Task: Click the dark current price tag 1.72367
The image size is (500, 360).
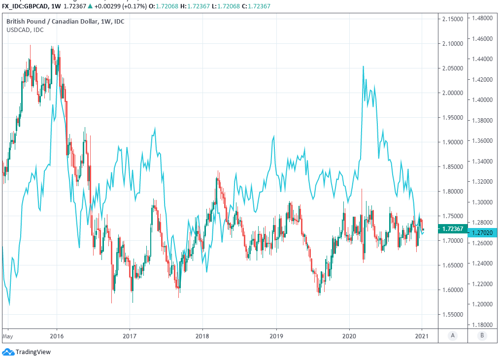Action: pyautogui.click(x=452, y=229)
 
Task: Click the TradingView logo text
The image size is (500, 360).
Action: pyautogui.click(x=33, y=352)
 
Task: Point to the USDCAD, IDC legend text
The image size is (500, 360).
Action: pyautogui.click(x=25, y=30)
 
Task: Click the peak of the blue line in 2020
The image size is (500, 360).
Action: pyautogui.click(x=363, y=66)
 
